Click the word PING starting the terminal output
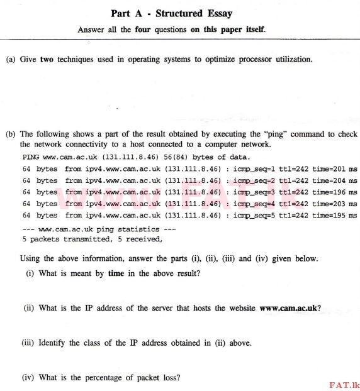(x=31, y=156)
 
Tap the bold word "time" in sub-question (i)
(x=116, y=274)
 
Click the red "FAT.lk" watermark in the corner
(x=343, y=383)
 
